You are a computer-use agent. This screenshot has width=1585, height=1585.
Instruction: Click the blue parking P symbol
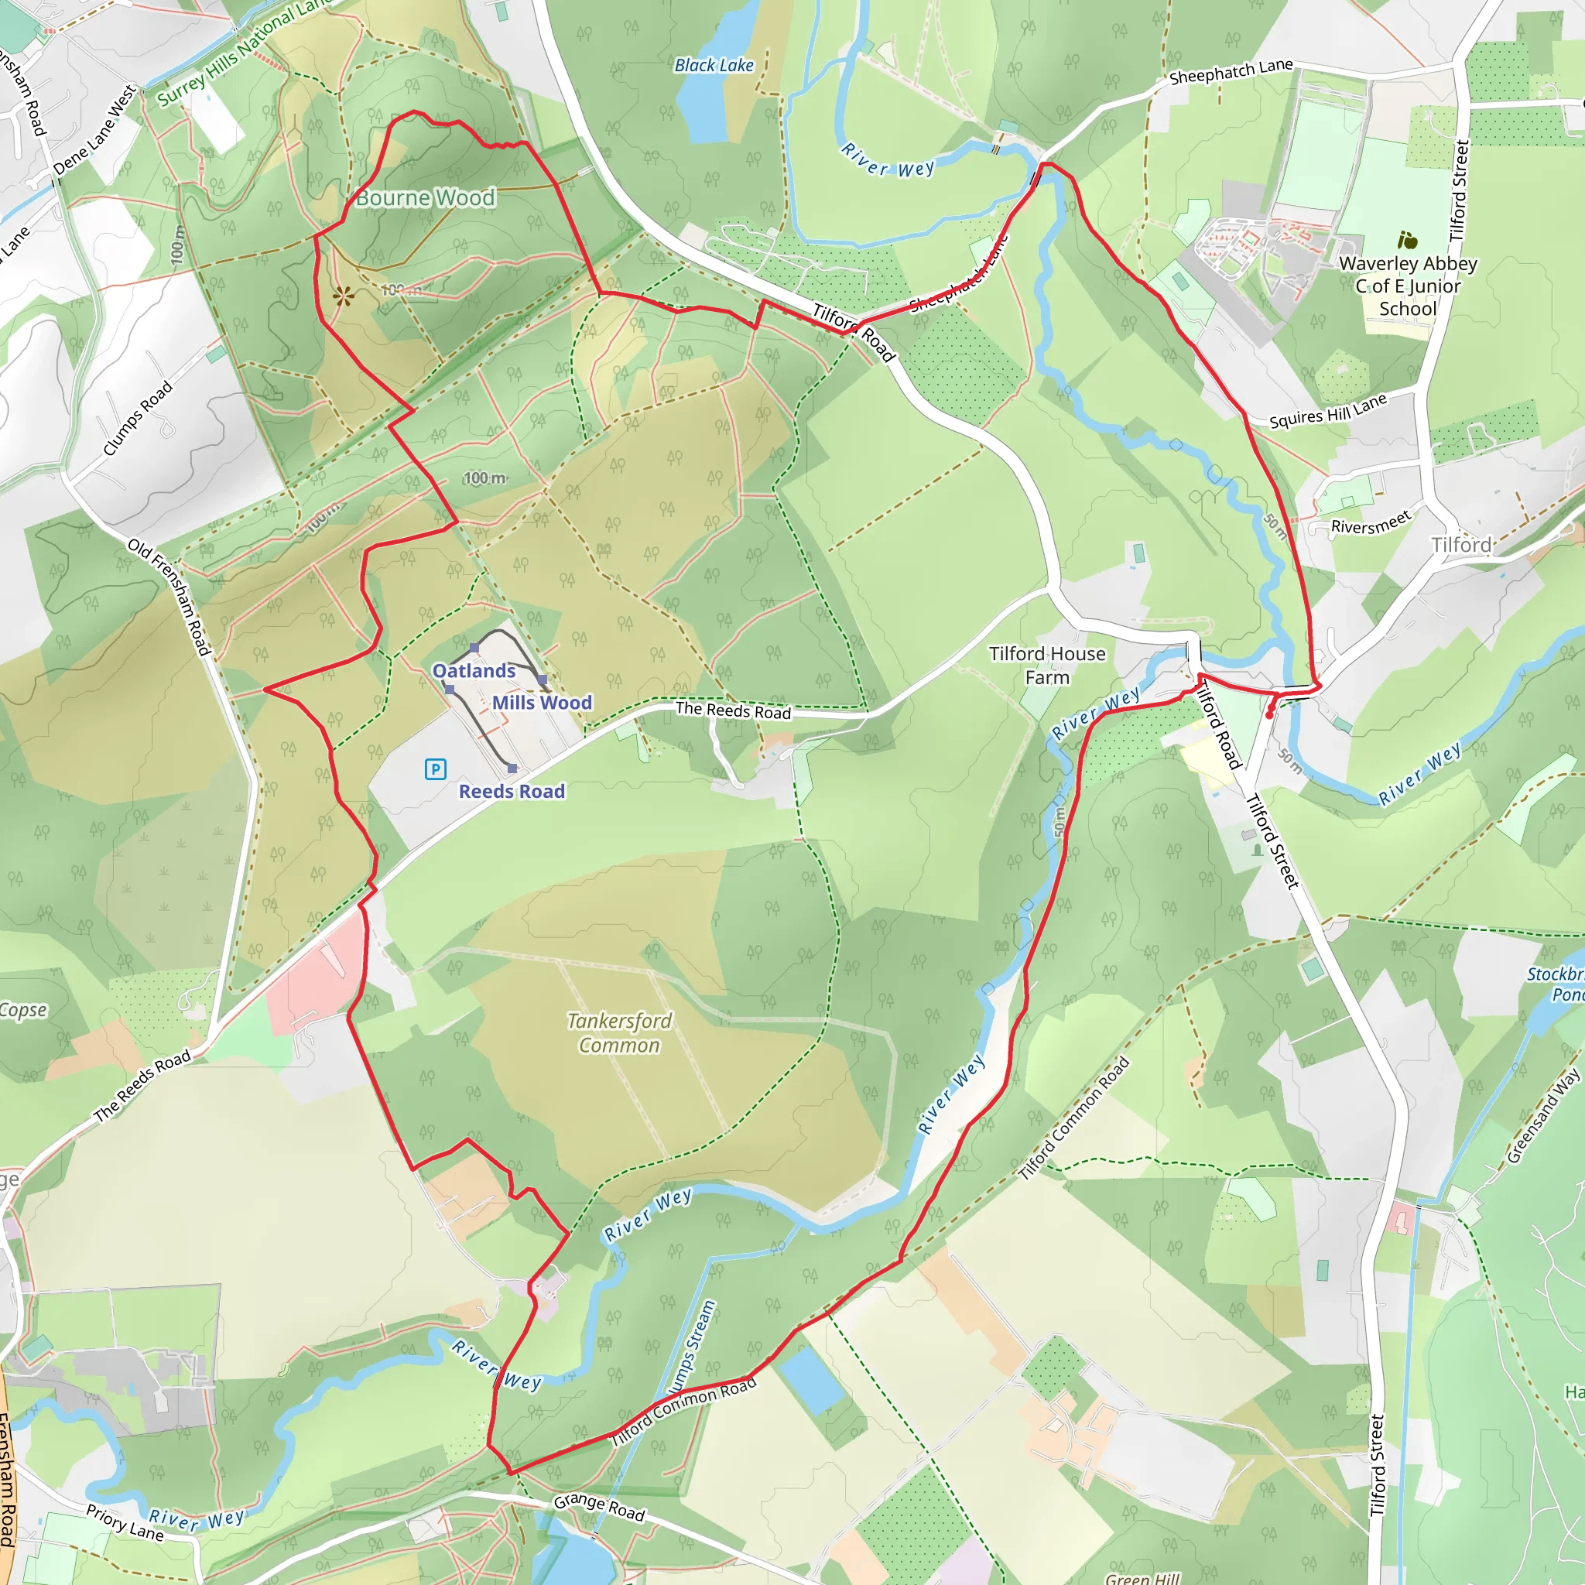tap(435, 769)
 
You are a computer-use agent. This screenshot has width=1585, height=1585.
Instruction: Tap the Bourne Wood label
tap(425, 197)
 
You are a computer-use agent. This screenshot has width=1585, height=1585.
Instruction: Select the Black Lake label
tap(714, 66)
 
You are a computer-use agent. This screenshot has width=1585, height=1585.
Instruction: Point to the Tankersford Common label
tap(619, 1032)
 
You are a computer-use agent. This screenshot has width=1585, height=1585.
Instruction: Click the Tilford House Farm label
tap(1047, 666)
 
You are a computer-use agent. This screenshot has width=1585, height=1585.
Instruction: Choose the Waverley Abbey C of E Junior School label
tap(1408, 286)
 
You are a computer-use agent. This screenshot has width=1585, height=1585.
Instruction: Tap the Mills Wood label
tap(542, 702)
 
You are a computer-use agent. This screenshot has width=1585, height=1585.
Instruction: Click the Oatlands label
tap(474, 670)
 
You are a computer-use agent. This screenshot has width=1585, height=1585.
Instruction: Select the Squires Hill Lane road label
tap(1327, 410)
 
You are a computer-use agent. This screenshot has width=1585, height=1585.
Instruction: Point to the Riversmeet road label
tap(1371, 522)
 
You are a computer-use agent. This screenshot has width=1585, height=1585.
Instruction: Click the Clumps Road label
tap(137, 418)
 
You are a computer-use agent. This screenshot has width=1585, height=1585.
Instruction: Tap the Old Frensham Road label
tap(169, 597)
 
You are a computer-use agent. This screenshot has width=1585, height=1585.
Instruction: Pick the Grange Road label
tap(599, 1506)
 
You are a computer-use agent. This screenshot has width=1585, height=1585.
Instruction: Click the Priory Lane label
tap(125, 1522)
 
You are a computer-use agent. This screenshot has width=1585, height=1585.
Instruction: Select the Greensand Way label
tap(1542, 1116)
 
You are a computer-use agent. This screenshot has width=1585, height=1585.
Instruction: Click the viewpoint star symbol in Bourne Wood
tap(343, 296)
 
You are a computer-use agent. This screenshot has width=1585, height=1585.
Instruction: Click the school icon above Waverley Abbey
tap(1408, 241)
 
